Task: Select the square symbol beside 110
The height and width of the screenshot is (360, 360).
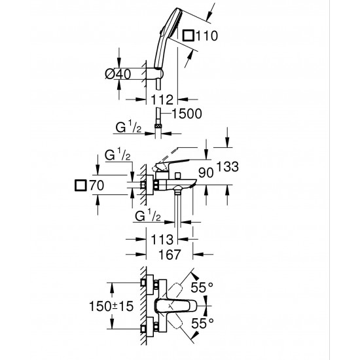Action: point(189,37)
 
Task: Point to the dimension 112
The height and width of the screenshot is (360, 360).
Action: point(160,99)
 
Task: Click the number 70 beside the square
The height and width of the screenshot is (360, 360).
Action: point(98,187)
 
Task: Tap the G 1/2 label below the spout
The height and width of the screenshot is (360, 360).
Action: point(147,214)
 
